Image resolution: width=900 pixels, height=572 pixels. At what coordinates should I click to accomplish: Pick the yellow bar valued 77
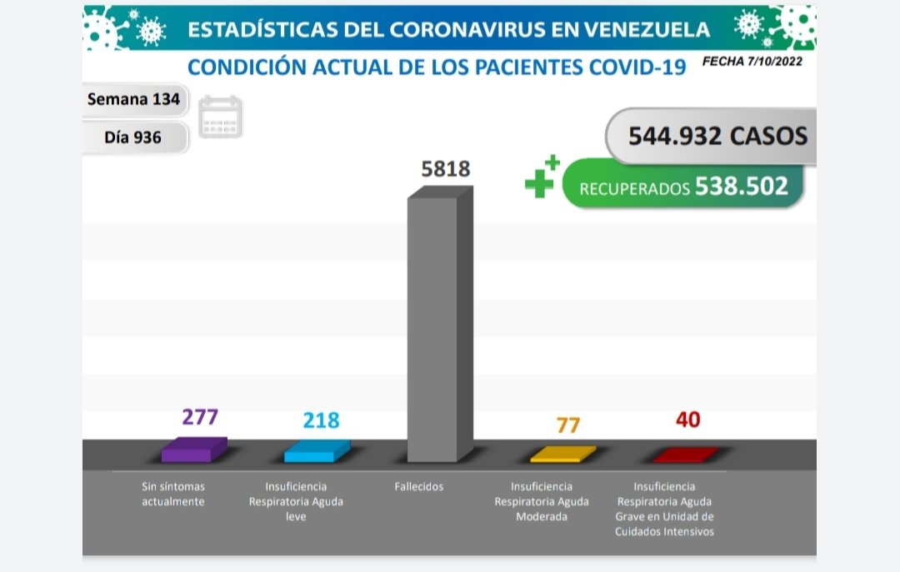click(x=562, y=455)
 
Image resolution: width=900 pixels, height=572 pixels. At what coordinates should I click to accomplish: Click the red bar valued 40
click(x=685, y=455)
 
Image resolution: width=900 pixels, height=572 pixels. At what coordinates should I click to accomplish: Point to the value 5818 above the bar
click(x=446, y=169)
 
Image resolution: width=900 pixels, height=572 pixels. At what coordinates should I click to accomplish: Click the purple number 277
click(x=200, y=416)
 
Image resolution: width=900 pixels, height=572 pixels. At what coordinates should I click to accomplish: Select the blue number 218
click(x=322, y=420)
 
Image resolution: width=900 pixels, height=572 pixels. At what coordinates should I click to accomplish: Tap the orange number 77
click(x=566, y=425)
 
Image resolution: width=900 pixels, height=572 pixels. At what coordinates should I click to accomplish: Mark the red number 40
click(x=687, y=420)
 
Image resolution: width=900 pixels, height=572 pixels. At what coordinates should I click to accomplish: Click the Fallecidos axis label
click(x=419, y=486)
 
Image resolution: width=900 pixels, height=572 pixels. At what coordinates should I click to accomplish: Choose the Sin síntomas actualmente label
click(x=173, y=494)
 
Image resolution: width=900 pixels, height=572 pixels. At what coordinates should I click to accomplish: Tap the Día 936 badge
click(x=133, y=137)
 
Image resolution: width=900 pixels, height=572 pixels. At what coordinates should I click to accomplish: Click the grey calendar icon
click(x=221, y=117)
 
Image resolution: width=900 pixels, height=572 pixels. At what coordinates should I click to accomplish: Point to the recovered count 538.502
click(x=741, y=186)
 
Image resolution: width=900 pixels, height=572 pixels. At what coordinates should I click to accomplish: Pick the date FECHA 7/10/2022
click(x=752, y=61)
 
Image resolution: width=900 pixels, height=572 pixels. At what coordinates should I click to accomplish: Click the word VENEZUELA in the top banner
click(x=644, y=30)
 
